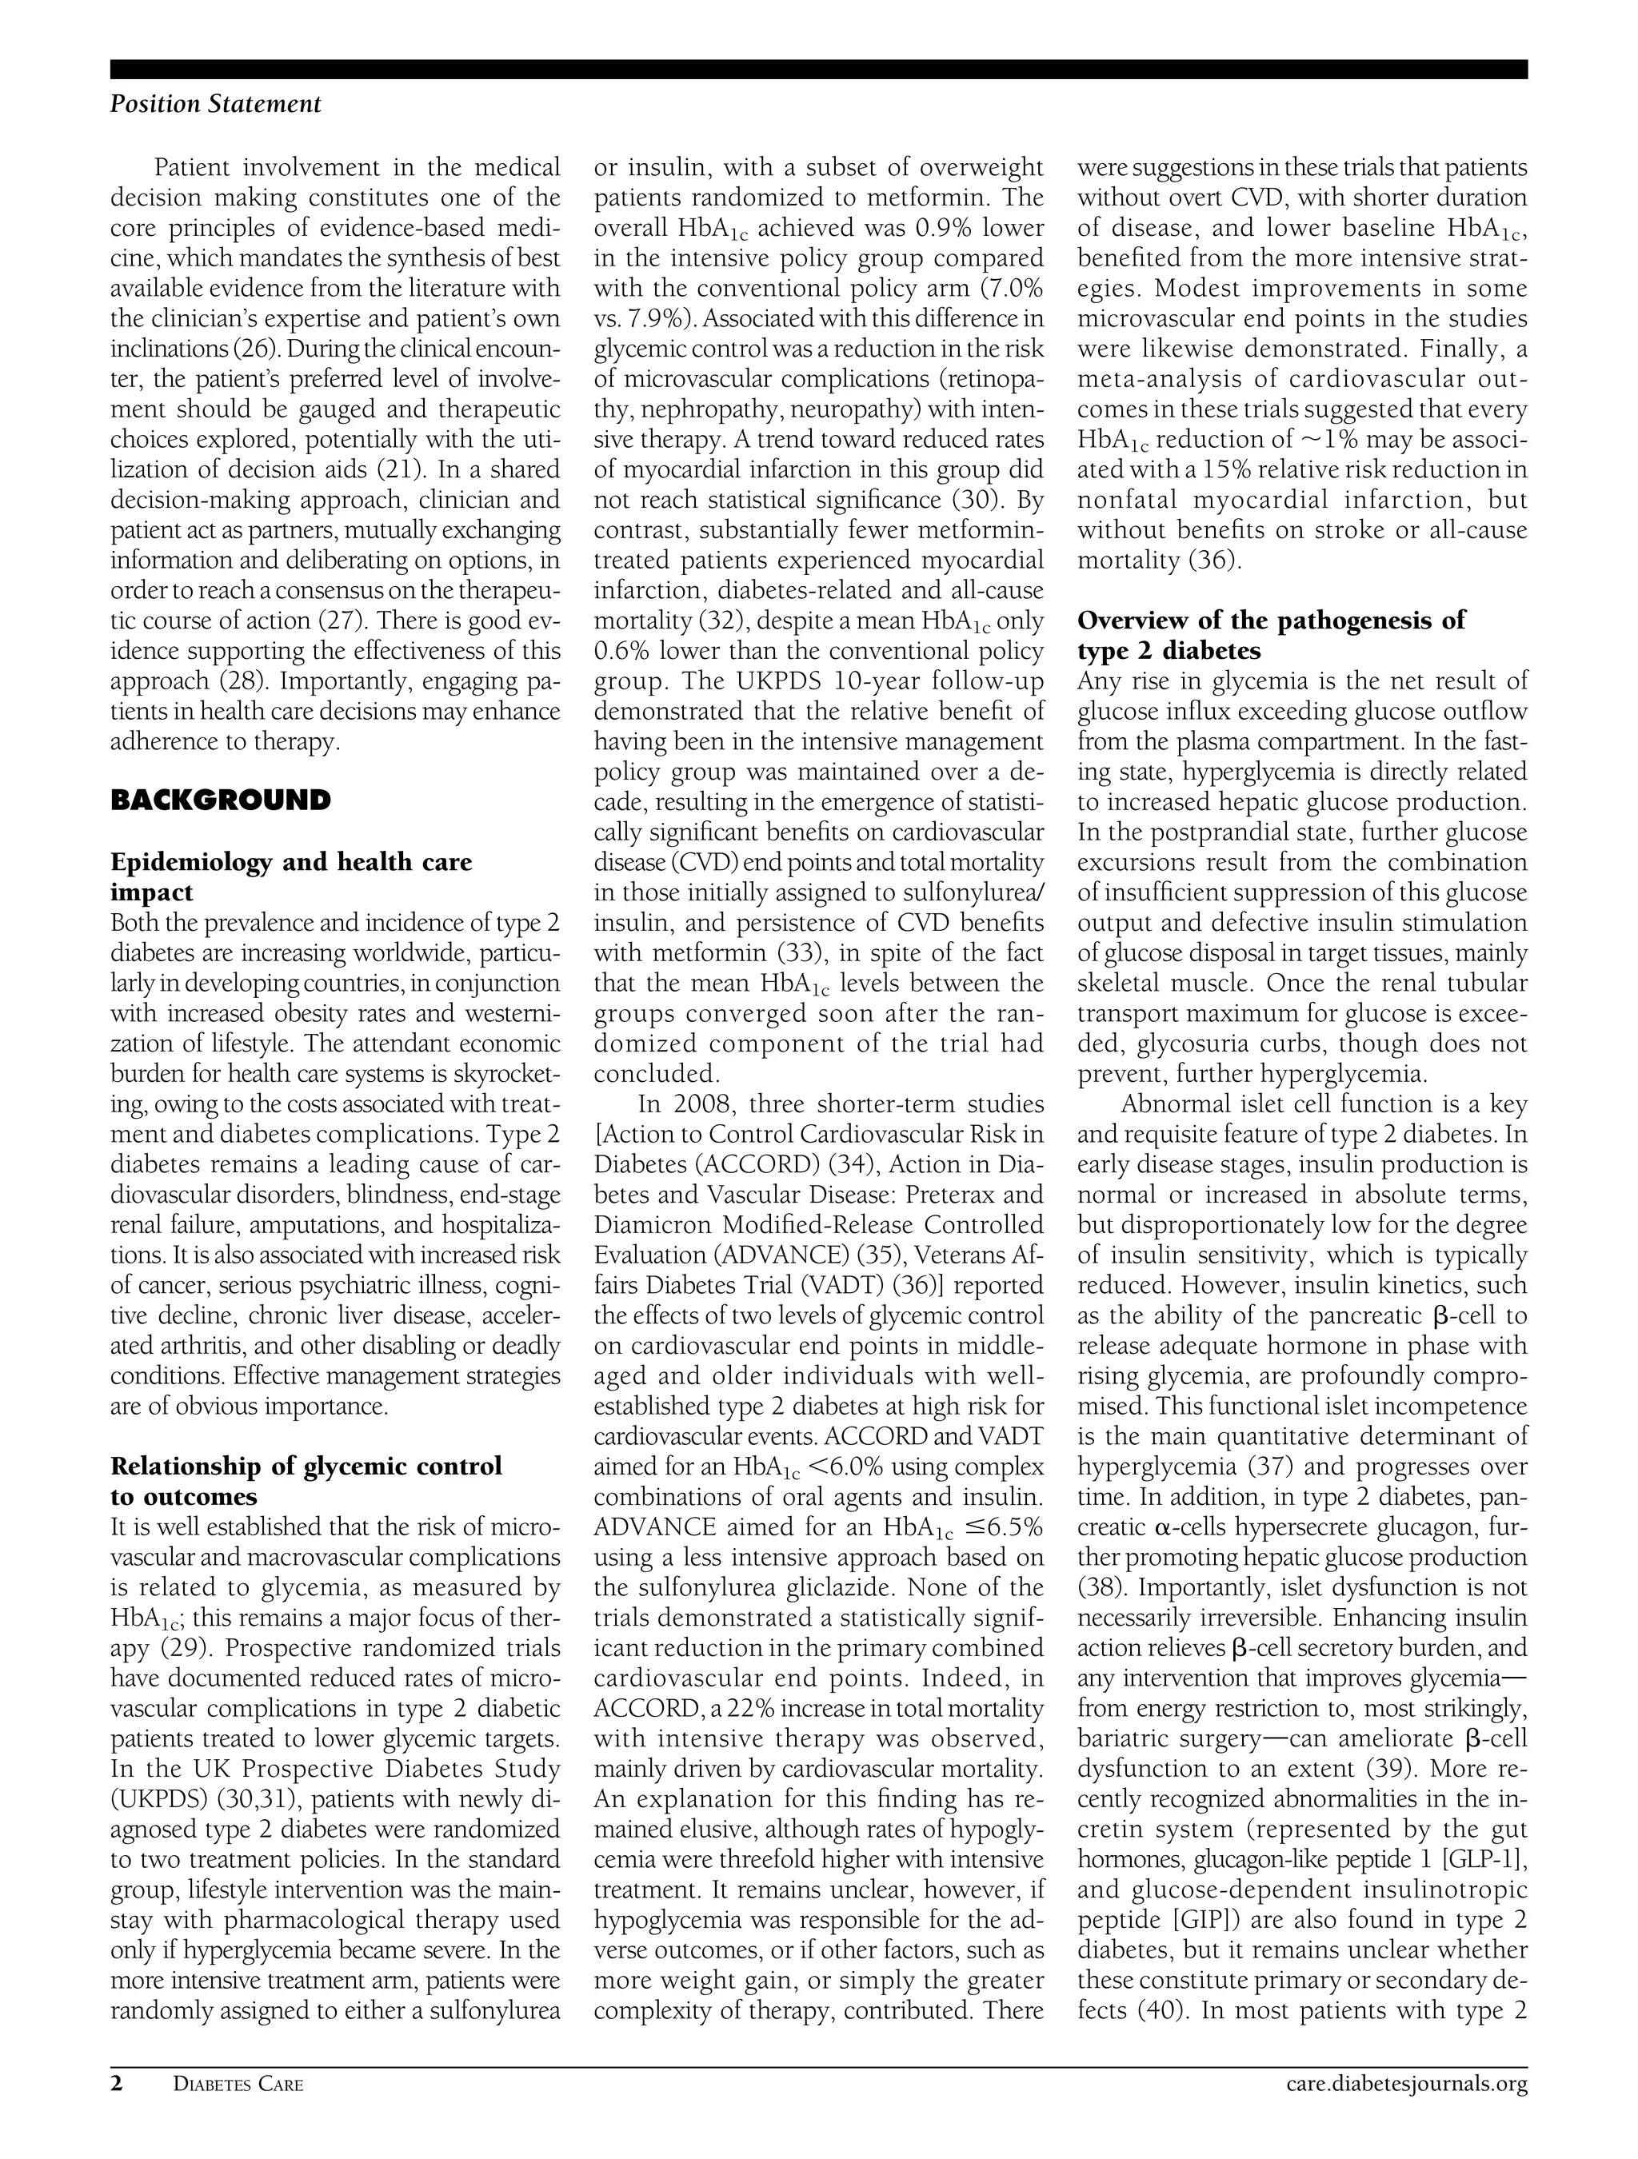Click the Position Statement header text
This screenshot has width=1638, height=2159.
coord(215,105)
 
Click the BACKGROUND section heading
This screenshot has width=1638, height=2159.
coord(221,801)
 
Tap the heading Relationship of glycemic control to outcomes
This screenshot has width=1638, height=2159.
coord(306,1481)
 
